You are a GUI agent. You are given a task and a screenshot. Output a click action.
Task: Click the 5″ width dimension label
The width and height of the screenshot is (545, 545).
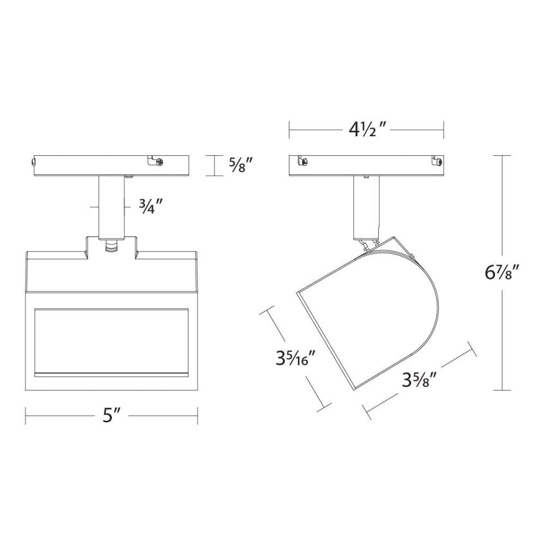click(x=112, y=415)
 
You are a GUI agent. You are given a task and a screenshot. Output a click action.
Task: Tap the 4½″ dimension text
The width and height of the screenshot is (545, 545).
click(x=366, y=130)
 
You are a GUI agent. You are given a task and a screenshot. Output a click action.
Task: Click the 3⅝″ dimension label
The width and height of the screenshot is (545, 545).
click(x=419, y=380)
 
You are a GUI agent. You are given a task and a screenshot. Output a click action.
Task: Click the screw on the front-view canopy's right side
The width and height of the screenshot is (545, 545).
click(x=160, y=162)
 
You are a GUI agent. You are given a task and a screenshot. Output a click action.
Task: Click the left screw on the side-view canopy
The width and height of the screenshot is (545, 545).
click(x=304, y=161)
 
